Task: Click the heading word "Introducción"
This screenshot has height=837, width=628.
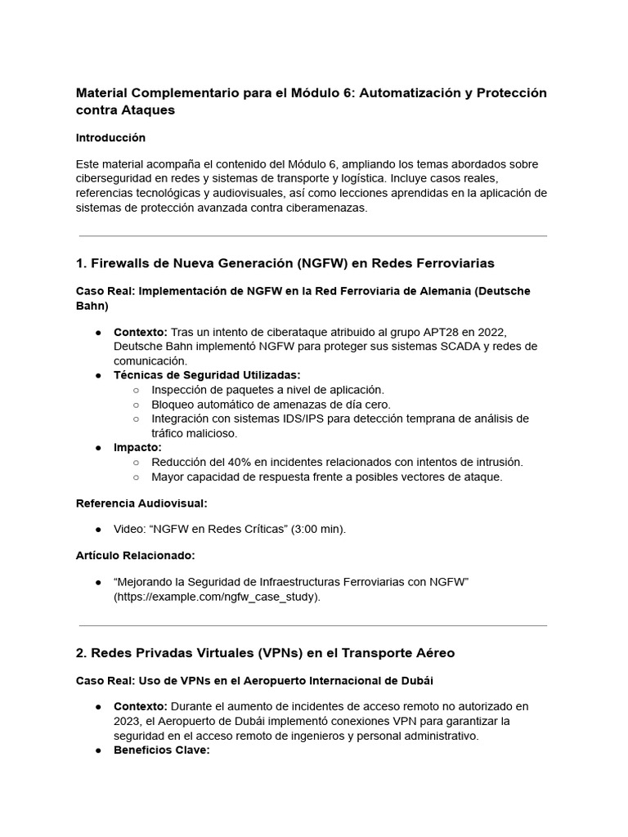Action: (110, 137)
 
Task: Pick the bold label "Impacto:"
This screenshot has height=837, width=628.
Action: (137, 448)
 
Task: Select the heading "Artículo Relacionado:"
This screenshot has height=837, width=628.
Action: (135, 555)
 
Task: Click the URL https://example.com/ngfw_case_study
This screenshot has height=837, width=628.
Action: (217, 597)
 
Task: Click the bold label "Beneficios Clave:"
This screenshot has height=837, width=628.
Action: (162, 750)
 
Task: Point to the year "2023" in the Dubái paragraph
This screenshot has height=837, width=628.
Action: (128, 721)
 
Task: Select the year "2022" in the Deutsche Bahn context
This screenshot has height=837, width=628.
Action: (493, 332)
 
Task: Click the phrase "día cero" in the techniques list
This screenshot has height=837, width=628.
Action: (366, 405)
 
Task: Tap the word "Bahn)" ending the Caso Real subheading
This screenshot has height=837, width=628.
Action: (92, 305)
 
